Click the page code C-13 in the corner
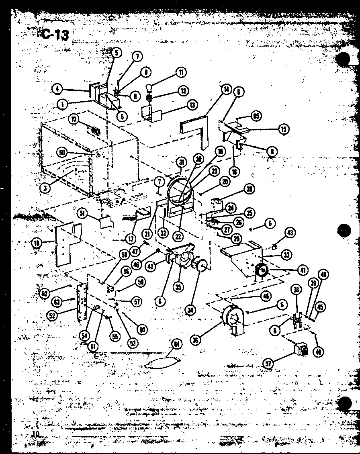click(x=55, y=34)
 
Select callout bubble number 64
click(x=176, y=344)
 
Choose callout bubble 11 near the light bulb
click(x=181, y=73)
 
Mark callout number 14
click(x=227, y=89)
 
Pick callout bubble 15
click(x=284, y=129)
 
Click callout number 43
click(x=290, y=232)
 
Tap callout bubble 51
click(x=84, y=214)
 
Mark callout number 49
click(x=323, y=275)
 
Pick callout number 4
click(x=58, y=88)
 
